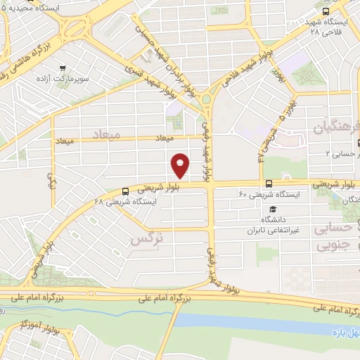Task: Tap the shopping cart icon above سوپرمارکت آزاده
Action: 63,68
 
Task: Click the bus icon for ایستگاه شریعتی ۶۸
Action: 125,191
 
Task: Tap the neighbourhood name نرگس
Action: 146,240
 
